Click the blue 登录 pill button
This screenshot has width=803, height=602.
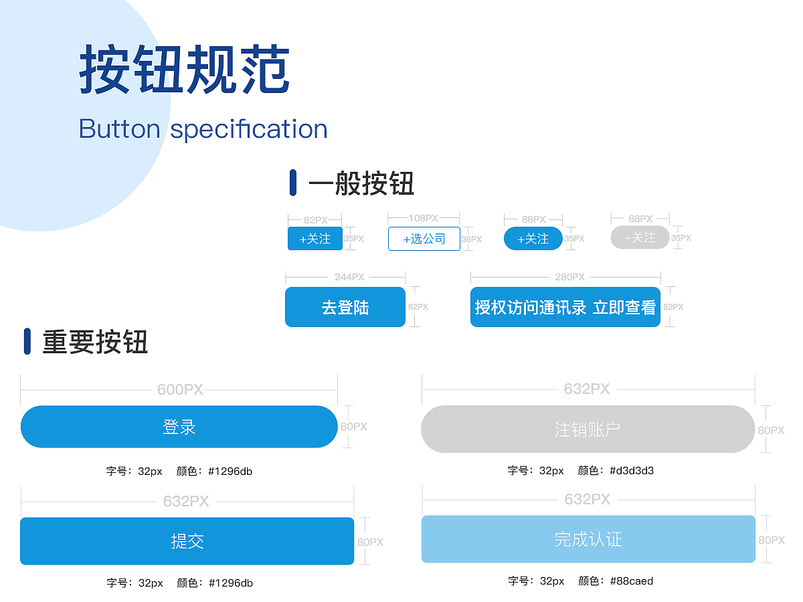pos(179,427)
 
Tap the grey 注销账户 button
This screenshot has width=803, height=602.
pos(588,429)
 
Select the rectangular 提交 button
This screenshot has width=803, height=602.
pos(187,541)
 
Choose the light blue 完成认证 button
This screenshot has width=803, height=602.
pos(588,539)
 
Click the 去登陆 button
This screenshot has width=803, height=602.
pos(345,307)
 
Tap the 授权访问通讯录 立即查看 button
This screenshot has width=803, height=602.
pos(565,307)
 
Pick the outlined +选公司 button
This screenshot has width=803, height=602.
pos(424,239)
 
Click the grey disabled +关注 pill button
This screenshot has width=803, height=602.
pos(640,237)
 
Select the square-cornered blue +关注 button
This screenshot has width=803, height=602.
pos(315,238)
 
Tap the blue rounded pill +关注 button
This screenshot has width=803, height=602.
pos(533,238)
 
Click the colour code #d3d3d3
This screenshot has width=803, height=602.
pos(632,470)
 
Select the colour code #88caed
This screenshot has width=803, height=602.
pos(632,581)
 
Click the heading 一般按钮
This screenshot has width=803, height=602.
pos(361,183)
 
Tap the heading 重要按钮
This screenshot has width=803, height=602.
pos(95,341)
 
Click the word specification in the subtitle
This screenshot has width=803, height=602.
pos(249,129)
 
